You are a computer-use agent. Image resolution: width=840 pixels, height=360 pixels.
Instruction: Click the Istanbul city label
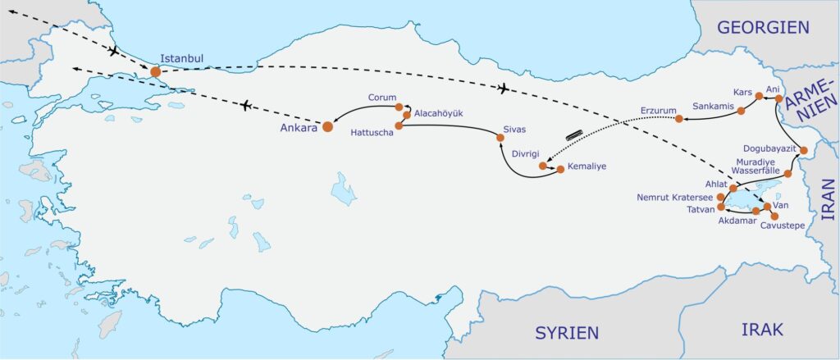point(181,59)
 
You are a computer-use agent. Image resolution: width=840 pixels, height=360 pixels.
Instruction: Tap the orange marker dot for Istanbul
point(155,72)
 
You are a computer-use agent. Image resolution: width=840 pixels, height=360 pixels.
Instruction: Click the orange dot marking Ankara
point(327,126)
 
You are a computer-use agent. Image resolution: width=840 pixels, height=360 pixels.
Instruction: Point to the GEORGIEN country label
point(763,27)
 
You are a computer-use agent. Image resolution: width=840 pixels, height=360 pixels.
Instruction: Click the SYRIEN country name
point(567,332)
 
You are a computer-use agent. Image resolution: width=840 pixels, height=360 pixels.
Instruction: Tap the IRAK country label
point(763,329)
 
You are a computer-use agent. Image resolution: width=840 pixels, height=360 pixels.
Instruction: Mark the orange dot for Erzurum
point(679,119)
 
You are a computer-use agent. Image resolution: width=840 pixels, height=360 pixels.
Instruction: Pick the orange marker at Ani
point(779,98)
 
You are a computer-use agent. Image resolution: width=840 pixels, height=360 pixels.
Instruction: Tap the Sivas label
point(514,130)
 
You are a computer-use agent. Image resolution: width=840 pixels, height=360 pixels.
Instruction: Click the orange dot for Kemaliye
point(560,170)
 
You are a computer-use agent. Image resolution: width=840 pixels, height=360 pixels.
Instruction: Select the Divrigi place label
point(527,153)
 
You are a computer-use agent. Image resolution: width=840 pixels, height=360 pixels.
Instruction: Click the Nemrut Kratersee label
point(676,197)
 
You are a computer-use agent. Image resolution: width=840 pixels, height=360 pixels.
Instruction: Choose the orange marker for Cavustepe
point(774,216)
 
